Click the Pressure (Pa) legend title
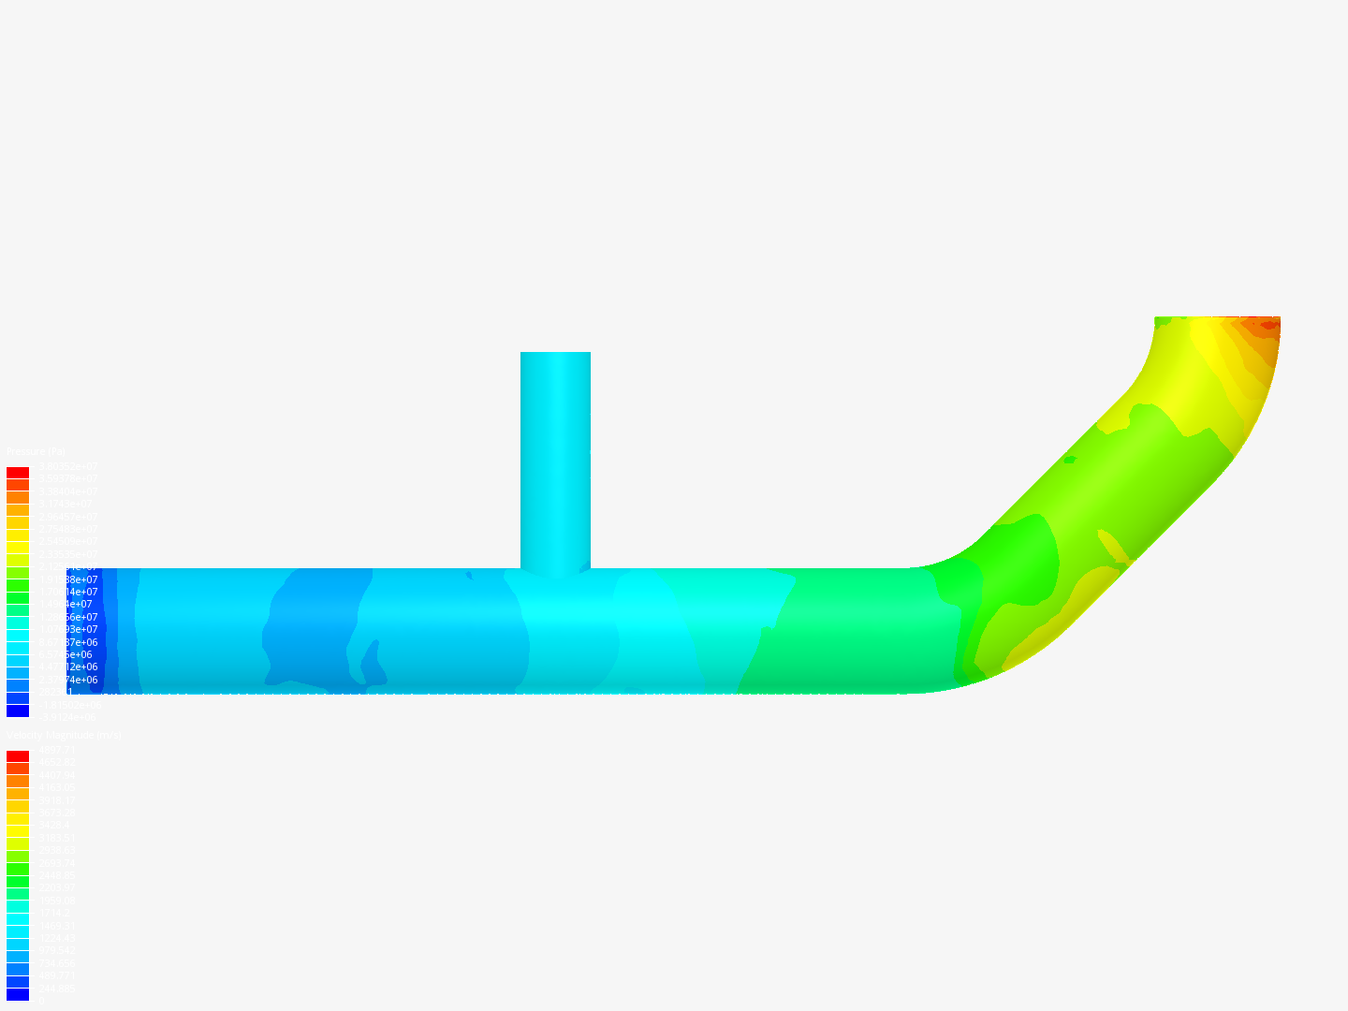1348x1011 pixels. [x=36, y=452]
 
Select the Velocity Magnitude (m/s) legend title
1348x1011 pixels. [x=64, y=736]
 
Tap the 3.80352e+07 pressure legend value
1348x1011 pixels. [x=66, y=466]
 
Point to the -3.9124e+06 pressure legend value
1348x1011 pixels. [x=66, y=717]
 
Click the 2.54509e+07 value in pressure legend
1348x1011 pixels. [x=66, y=541]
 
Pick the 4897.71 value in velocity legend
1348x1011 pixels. [x=57, y=750]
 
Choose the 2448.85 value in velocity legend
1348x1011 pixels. [x=57, y=875]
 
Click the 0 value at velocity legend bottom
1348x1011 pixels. [x=40, y=1001]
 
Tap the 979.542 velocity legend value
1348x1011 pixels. [x=57, y=950]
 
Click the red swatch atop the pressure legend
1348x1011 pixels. [x=18, y=473]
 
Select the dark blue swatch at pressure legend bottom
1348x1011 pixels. [x=18, y=711]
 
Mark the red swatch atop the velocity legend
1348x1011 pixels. [x=18, y=756]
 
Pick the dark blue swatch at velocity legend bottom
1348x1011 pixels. [x=18, y=994]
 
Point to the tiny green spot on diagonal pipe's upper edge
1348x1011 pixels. [x=1069, y=460]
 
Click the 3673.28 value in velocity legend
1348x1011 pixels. [x=57, y=813]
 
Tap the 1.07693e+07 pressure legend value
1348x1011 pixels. [x=66, y=629]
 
